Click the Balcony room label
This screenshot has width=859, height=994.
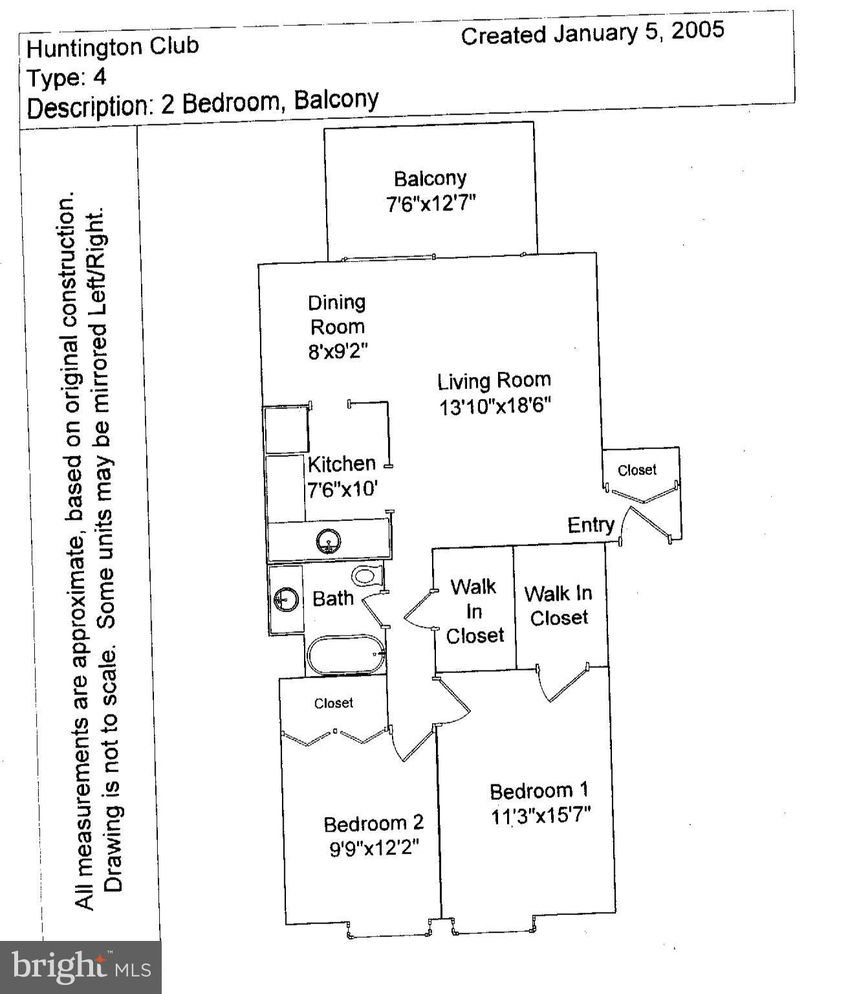[x=430, y=179]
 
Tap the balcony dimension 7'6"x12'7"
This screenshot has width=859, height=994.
[x=431, y=204]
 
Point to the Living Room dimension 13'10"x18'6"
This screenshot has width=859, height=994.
[x=495, y=406]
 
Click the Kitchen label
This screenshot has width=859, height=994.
[x=342, y=464]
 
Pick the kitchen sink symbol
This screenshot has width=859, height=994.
[x=329, y=541]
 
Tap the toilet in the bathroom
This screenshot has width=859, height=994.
[x=366, y=575]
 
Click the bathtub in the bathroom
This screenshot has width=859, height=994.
[x=346, y=655]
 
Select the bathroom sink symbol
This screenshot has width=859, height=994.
[x=285, y=599]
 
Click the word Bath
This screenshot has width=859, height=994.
[x=333, y=599]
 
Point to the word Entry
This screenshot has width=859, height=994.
[x=591, y=525]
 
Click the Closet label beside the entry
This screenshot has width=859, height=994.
[x=637, y=470]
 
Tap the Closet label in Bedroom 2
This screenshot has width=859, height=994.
[x=334, y=703]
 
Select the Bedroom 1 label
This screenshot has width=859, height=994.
[x=539, y=791]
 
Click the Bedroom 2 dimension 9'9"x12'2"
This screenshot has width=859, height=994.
[x=375, y=848]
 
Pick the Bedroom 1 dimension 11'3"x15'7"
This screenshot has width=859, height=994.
[x=541, y=815]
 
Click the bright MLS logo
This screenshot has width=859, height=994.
[x=81, y=967]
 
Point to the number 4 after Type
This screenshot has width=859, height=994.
[x=99, y=77]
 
